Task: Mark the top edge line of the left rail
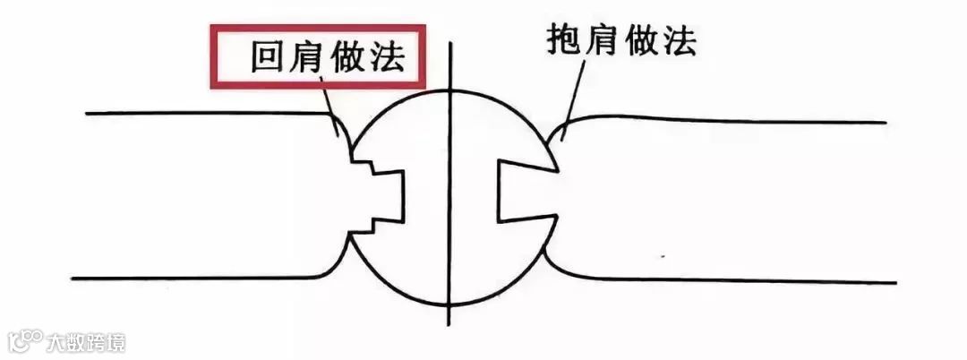point(197,114)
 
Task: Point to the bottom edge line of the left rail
point(197,279)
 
